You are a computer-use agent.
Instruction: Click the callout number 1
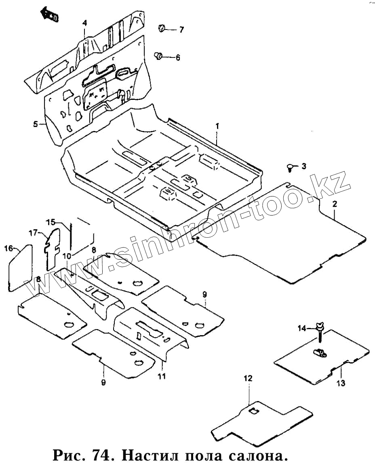coord(217,126)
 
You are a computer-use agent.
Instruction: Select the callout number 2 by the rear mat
coord(335,204)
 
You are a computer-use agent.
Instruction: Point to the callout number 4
coord(84,23)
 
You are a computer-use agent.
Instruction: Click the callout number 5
coord(36,124)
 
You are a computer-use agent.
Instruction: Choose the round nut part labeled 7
coord(162,28)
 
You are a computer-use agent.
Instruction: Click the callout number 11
coord(162,377)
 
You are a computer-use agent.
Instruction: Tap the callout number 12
coord(248,378)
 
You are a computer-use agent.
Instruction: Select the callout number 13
coord(341,383)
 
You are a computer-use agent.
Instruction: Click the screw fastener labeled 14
coord(320,330)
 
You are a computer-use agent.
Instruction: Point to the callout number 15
coord(50,222)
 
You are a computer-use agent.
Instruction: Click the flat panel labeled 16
coord(20,267)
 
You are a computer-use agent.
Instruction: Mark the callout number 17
coord(33,233)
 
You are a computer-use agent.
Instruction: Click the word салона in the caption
coord(257,456)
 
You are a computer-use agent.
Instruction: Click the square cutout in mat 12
coord(254,411)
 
